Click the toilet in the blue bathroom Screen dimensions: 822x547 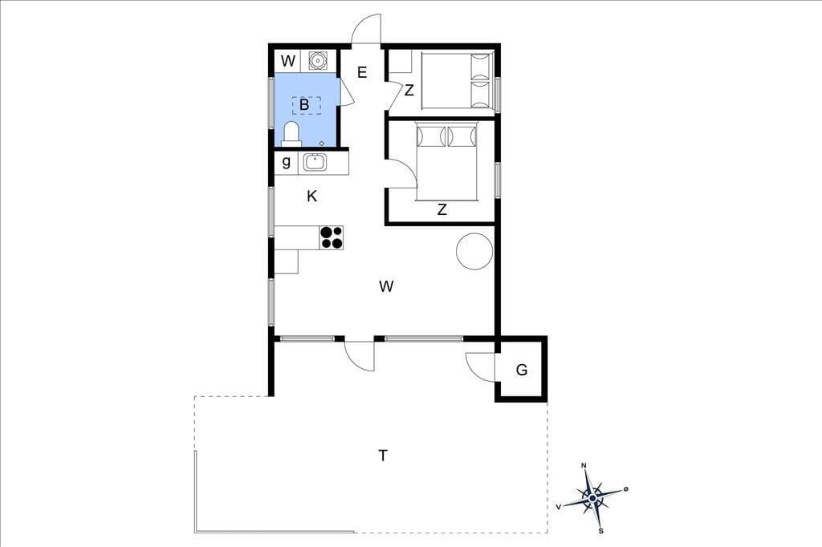[291, 134]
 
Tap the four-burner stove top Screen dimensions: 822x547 [332, 237]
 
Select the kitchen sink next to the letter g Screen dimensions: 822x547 [315, 163]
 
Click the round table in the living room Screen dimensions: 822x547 [474, 251]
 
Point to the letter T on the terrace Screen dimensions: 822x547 [383, 456]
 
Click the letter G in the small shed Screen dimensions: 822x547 [522, 370]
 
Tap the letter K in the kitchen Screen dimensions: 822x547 [312, 197]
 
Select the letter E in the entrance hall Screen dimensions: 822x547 [362, 72]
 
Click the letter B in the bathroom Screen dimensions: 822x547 [304, 105]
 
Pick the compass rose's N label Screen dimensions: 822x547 [584, 465]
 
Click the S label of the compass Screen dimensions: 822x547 [601, 531]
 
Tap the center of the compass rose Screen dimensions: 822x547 [592, 498]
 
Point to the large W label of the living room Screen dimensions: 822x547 [386, 286]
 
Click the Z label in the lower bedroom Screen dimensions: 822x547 [442, 210]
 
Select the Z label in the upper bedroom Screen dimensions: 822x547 [409, 90]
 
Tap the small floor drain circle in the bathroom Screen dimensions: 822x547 [322, 143]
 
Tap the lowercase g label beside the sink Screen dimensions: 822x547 [287, 162]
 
